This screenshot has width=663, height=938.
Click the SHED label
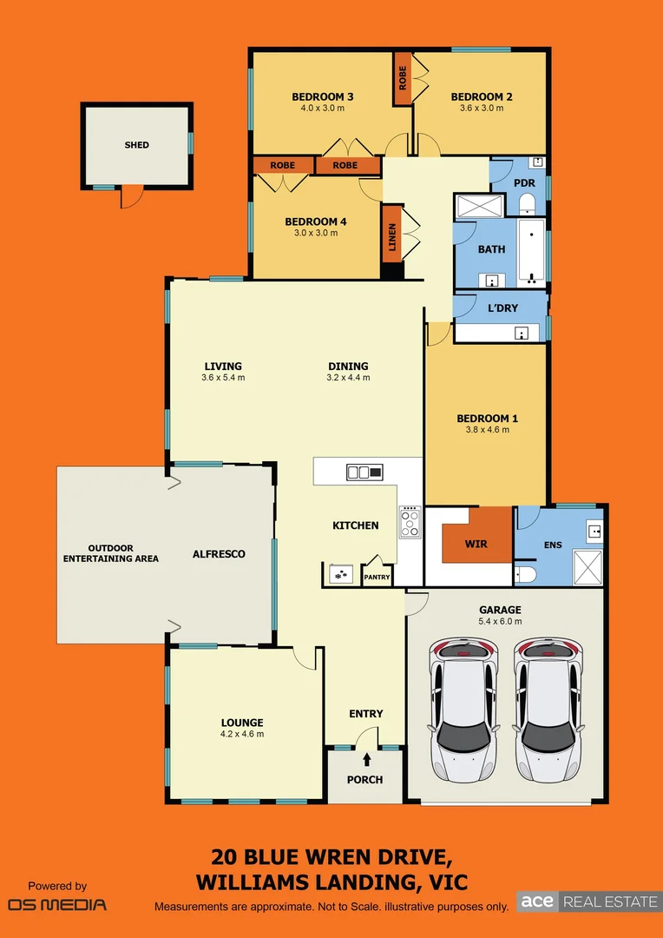pos(136,145)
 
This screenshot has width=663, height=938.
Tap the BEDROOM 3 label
pos(322,96)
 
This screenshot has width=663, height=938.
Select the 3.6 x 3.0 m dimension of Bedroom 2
pos(481,109)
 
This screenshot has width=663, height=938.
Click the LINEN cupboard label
pos(391,233)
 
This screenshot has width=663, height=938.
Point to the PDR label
pos(523,183)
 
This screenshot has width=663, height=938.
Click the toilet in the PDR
pos(527,204)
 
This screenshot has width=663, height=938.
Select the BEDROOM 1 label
pos(487,419)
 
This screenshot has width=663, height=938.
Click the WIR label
pos(475,544)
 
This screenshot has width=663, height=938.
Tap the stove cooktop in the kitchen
pos(409,522)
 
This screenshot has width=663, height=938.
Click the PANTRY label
pos(377,577)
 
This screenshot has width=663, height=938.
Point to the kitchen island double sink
pos(364,472)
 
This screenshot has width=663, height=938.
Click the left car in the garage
pos(463,709)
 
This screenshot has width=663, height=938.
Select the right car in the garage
pos(548,709)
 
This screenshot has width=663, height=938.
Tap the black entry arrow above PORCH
pos(366,736)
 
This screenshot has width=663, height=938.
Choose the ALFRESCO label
pos(219,553)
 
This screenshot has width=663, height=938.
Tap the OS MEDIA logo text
pos(57,905)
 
